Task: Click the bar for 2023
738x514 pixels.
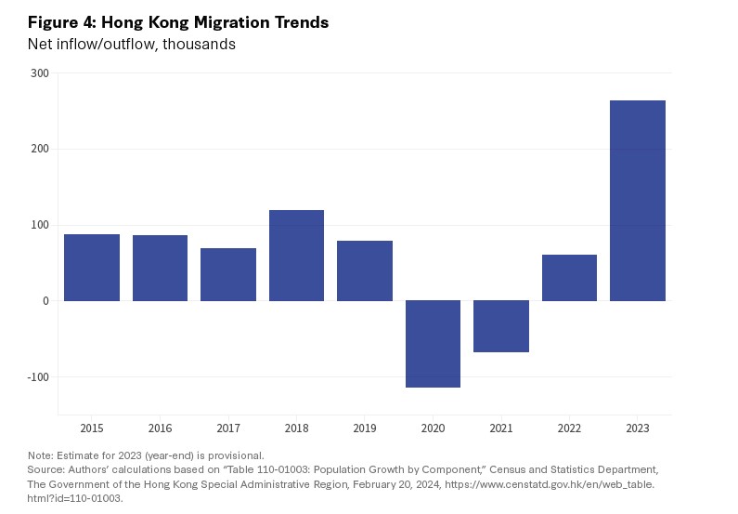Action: click(637, 200)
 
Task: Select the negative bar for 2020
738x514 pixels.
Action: click(433, 344)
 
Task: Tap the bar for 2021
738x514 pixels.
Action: click(500, 326)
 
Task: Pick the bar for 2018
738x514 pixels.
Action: click(296, 256)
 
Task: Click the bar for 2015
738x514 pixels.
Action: click(92, 268)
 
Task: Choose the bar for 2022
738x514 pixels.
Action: click(569, 278)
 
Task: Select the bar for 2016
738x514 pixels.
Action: click(160, 268)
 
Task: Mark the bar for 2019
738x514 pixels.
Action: click(364, 270)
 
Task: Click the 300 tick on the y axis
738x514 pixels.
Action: click(39, 73)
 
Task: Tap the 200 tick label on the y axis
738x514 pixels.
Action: click(39, 149)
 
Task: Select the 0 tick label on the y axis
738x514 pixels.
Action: click(45, 301)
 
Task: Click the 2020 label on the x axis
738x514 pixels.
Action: click(433, 428)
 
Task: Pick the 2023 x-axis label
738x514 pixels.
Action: click(637, 428)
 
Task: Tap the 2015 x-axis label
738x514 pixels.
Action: click(92, 428)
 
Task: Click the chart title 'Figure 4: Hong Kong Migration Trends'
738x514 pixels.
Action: click(178, 22)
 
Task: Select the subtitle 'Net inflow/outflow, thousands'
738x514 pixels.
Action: click(131, 45)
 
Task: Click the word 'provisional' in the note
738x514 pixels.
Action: click(238, 455)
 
